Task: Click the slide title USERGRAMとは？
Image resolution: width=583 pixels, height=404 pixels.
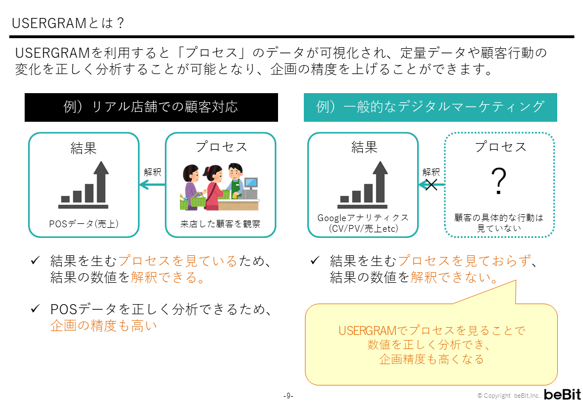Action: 68,24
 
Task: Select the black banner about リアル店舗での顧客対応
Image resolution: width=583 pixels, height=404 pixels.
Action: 151,107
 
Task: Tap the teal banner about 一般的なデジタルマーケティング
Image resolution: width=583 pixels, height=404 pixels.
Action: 430,107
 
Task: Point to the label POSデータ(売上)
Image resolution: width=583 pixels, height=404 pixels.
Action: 84,224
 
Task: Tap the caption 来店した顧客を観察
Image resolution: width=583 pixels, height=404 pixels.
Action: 220,224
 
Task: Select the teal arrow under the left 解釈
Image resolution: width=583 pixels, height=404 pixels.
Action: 152,185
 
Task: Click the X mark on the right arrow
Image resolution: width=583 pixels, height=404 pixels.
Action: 431,185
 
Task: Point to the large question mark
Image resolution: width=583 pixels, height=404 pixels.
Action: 498,181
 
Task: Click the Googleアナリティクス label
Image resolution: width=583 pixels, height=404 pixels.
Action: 363,218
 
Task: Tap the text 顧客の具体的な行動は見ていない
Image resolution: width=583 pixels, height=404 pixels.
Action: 499,223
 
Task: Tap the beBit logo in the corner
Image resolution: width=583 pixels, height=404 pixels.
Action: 562,394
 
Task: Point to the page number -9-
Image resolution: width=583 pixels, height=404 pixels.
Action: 288,396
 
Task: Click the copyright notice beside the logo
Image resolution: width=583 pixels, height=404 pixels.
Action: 508,396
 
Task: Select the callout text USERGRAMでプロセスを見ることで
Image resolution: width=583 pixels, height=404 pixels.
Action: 432,330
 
